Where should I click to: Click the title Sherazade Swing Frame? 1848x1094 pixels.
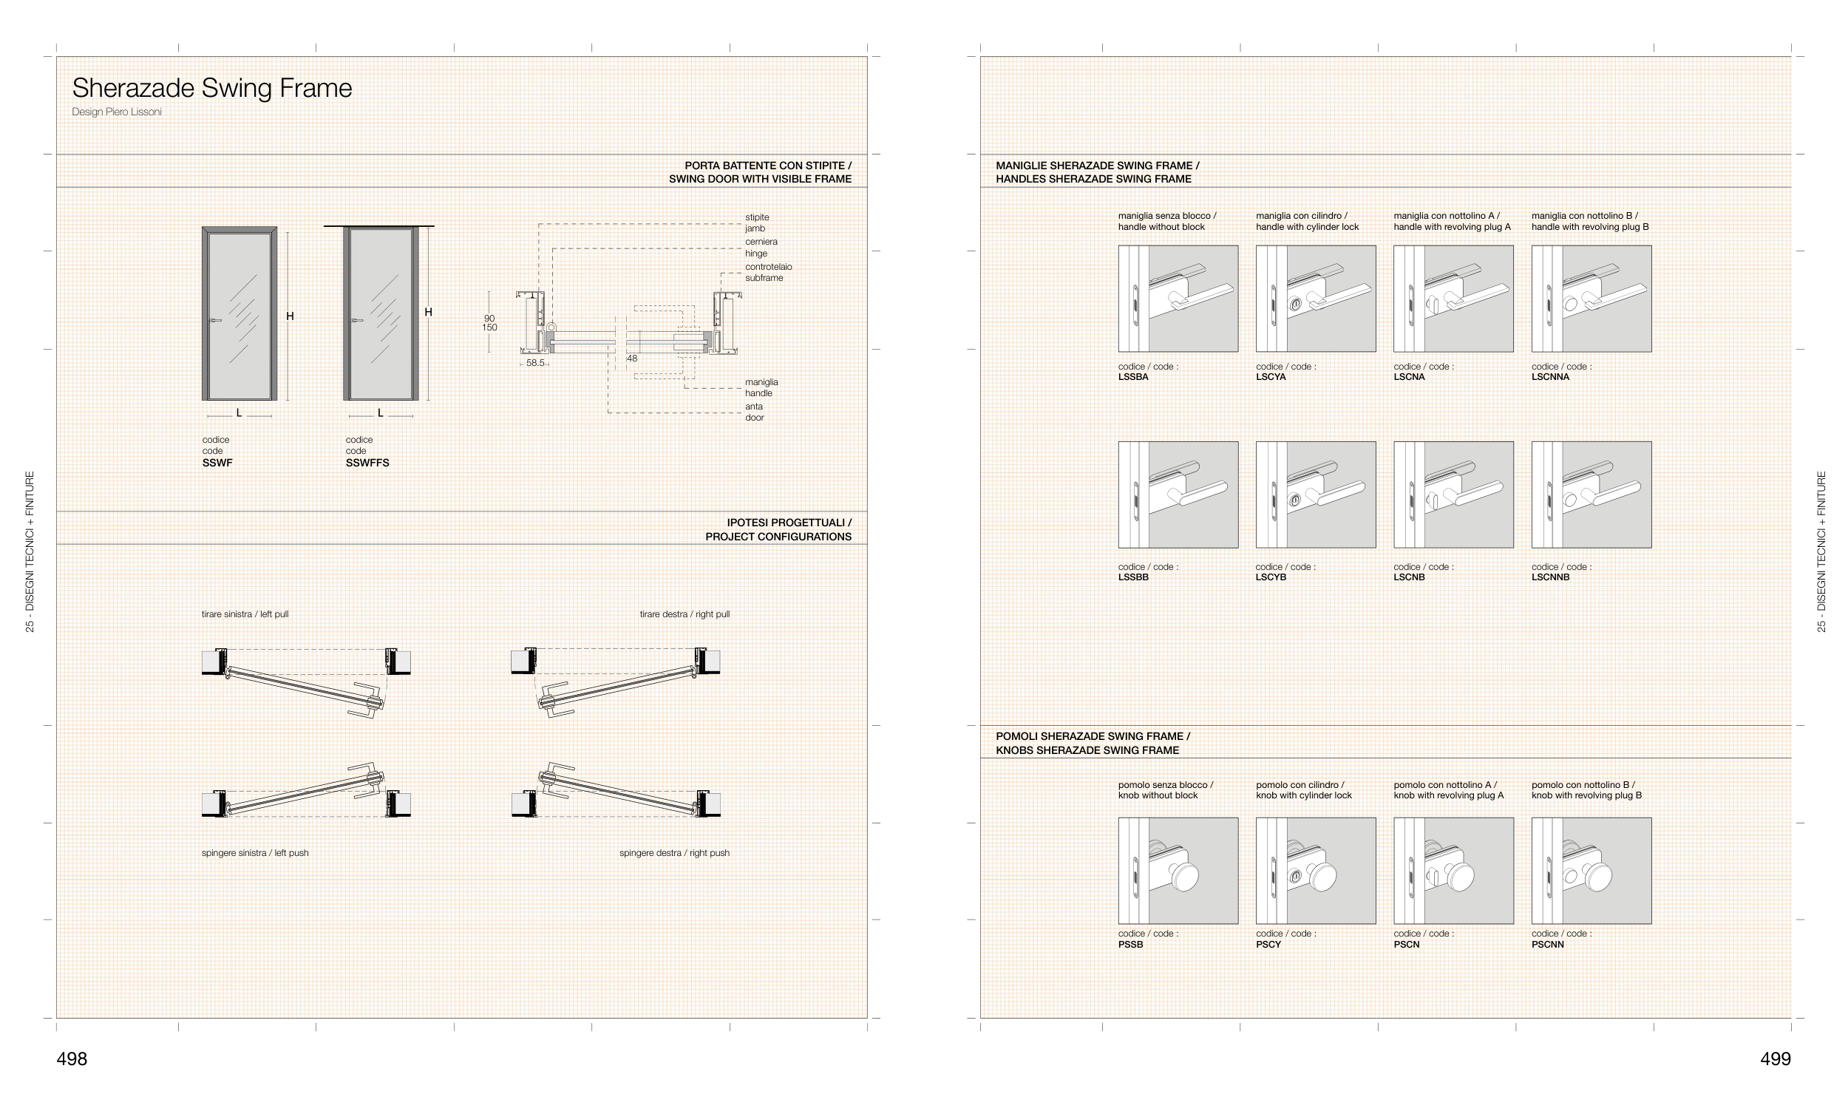212,88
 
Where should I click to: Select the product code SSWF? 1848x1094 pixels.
217,463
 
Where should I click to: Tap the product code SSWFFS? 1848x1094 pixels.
367,463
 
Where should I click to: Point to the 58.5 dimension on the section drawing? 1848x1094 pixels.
535,363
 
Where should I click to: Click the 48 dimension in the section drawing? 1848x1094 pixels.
632,359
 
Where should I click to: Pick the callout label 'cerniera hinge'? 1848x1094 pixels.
761,248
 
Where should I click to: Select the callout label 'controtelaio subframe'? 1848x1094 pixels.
768,272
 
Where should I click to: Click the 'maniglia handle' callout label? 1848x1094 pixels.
761,387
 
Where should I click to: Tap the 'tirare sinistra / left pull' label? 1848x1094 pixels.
245,614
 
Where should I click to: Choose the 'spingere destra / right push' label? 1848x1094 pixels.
674,853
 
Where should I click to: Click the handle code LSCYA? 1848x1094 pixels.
1271,377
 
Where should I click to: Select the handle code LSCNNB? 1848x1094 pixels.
1550,577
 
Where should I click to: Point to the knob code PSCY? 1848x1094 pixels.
1268,945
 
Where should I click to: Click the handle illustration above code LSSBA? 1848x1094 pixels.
1178,299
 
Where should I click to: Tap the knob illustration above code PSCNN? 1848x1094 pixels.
1591,871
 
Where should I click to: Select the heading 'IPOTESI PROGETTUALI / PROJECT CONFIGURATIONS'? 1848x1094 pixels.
778,529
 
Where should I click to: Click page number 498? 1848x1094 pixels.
72,1059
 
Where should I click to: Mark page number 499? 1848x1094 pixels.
1776,1059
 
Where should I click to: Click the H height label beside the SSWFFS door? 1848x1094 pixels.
429,313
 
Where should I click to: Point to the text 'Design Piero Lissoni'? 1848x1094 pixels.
117,112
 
